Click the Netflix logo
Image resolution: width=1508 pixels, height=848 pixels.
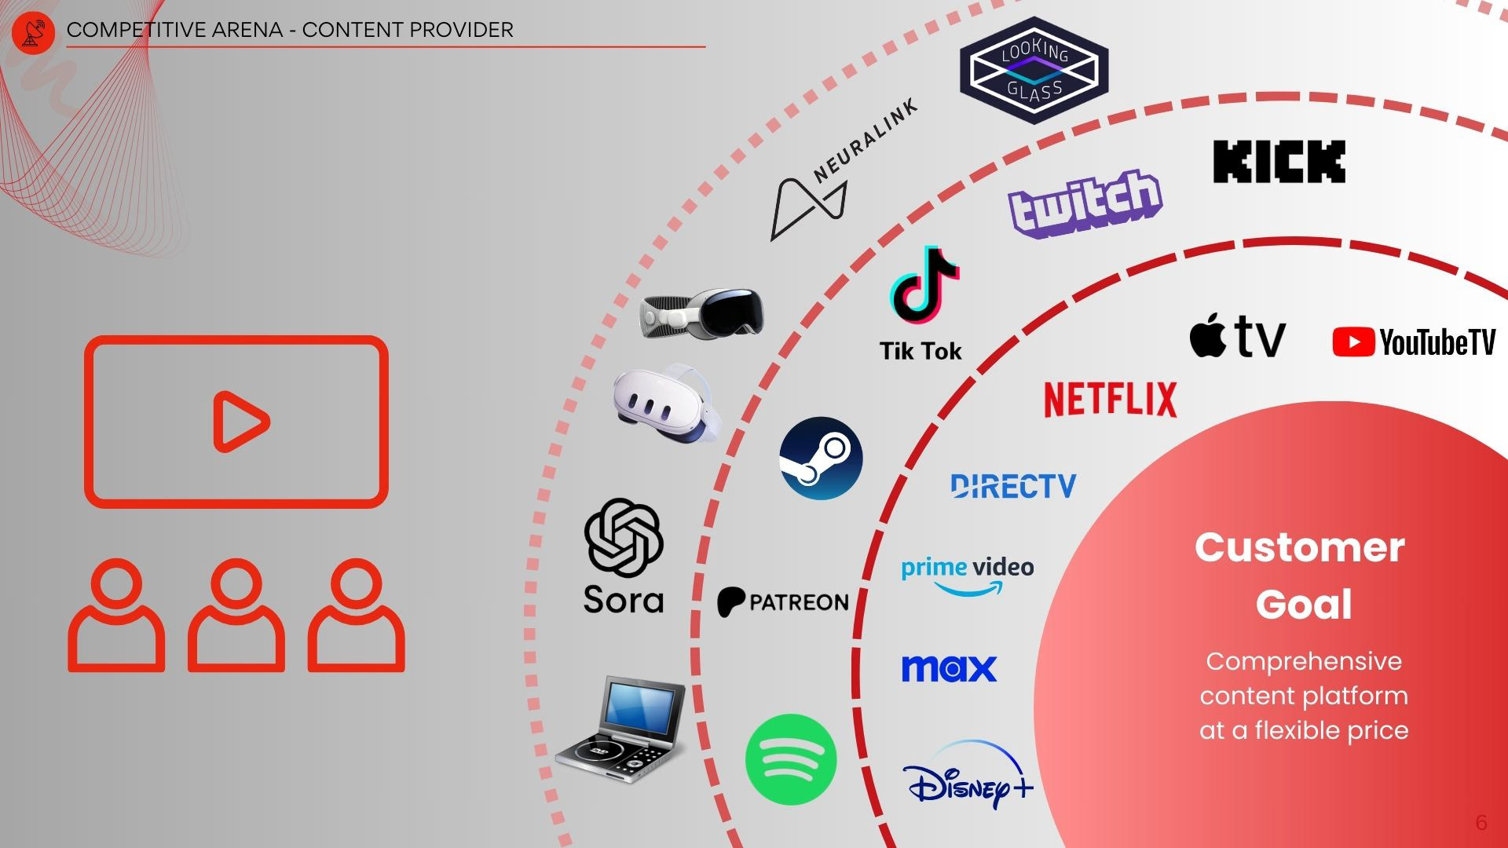pos(1110,399)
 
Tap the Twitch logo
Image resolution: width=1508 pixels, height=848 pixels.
pos(1085,202)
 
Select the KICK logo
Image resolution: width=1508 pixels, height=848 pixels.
pos(1279,162)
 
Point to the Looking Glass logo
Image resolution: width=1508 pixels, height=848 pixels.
pos(1034,71)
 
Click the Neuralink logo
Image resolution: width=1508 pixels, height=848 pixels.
pos(840,173)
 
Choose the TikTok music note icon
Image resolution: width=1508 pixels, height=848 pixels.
pos(924,286)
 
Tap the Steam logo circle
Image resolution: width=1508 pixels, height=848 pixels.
pos(821,459)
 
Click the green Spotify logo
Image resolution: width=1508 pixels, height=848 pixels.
pos(790,759)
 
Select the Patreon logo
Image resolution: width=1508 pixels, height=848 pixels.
pos(783,601)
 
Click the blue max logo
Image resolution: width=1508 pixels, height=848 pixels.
pos(949,669)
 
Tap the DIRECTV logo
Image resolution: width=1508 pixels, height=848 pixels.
pos(1013,486)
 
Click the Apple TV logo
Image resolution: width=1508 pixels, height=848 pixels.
pos(1237,336)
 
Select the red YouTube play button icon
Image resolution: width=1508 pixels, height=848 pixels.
pos(1352,342)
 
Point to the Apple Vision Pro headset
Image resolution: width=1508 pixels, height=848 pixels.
pos(702,313)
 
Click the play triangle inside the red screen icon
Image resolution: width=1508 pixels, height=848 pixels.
pos(240,422)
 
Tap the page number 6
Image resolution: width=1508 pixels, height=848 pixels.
pos(1481,822)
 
